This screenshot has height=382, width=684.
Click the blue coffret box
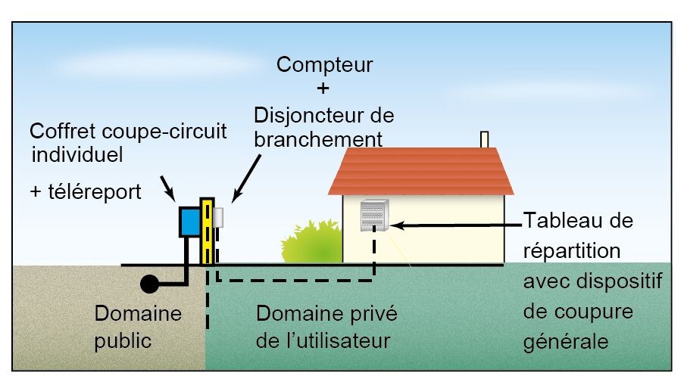pyautogui.click(x=189, y=221)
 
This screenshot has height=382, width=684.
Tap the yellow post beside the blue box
pyautogui.click(x=206, y=231)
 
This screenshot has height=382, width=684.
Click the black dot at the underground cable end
pyautogui.click(x=149, y=284)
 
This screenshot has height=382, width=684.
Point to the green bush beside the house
pyautogui.click(x=311, y=240)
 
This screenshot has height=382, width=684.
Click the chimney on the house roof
pyautogui.click(x=485, y=140)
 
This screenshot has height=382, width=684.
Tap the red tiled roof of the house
pyautogui.click(x=421, y=171)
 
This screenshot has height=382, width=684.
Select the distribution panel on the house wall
pyautogui.click(x=375, y=216)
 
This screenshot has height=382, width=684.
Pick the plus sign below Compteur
pyautogui.click(x=323, y=89)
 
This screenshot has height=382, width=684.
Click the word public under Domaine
pyautogui.click(x=123, y=340)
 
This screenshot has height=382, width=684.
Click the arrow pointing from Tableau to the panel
pyautogui.click(x=454, y=225)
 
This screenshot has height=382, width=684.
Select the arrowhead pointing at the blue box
pyautogui.click(x=172, y=196)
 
